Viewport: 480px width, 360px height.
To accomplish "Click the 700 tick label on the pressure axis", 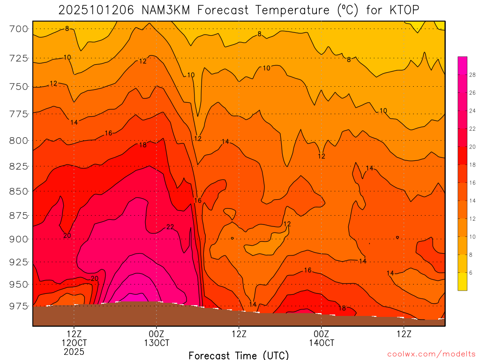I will tap(18, 29).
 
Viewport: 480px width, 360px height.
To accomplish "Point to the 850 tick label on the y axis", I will tap(18, 191).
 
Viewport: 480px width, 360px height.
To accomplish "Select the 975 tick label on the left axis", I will tap(18, 306).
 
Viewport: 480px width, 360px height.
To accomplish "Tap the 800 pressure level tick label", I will tap(18, 140).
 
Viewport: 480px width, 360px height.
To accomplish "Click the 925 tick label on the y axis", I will tap(18, 261).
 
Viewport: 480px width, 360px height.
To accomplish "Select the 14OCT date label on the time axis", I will tap(321, 343).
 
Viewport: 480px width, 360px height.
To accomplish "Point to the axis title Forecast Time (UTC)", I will tap(239, 355).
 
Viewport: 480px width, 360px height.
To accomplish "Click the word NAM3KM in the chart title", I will tap(165, 10).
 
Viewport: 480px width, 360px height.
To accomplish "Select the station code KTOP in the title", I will tap(403, 10).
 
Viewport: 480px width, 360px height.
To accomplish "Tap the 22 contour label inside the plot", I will tap(170, 227).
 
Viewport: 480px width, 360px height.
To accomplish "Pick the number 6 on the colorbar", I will tap(471, 273).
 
